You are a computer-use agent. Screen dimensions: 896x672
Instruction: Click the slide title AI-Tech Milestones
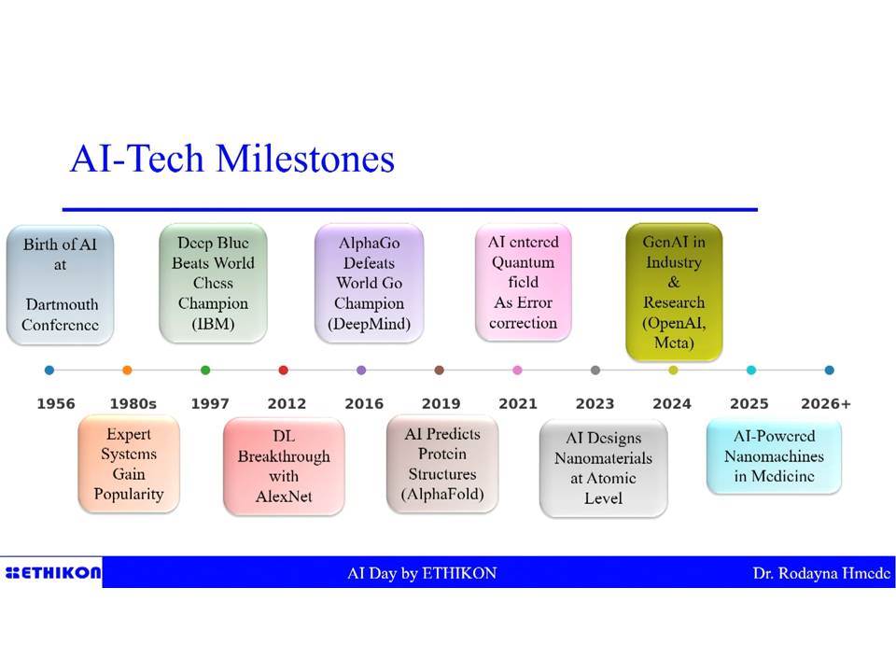pos(232,159)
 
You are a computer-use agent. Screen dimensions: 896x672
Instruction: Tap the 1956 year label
pos(56,403)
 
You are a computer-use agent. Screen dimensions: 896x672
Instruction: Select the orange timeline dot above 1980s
pos(128,371)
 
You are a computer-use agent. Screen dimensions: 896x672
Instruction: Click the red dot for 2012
pos(284,371)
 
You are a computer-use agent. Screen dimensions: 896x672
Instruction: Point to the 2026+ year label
pos(826,403)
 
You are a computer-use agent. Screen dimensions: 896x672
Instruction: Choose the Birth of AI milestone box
pos(60,286)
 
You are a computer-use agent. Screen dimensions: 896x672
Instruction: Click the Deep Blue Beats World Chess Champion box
pos(213,284)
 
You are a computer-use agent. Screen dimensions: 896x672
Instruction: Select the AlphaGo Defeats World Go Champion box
pos(370,284)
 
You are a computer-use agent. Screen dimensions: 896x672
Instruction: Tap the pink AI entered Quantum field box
pos(524,282)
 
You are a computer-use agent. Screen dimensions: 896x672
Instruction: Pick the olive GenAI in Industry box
pos(674,292)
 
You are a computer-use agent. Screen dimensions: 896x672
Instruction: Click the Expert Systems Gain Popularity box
pos(129,464)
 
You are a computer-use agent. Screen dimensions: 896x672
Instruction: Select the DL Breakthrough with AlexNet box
pos(284,467)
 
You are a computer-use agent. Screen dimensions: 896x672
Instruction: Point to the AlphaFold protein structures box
pos(442,464)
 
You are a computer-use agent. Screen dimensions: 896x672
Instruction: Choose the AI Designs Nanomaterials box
pos(604,468)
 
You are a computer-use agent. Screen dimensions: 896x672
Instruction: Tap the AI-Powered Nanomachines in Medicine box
pos(775,456)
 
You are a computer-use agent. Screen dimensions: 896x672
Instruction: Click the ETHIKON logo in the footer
pos(52,572)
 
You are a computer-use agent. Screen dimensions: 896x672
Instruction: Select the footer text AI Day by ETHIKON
pos(422,573)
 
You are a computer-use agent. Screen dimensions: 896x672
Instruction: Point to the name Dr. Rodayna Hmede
pos(821,573)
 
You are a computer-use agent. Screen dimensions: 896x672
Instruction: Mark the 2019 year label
pos(441,403)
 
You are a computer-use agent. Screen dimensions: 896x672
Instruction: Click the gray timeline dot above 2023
pos(595,371)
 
